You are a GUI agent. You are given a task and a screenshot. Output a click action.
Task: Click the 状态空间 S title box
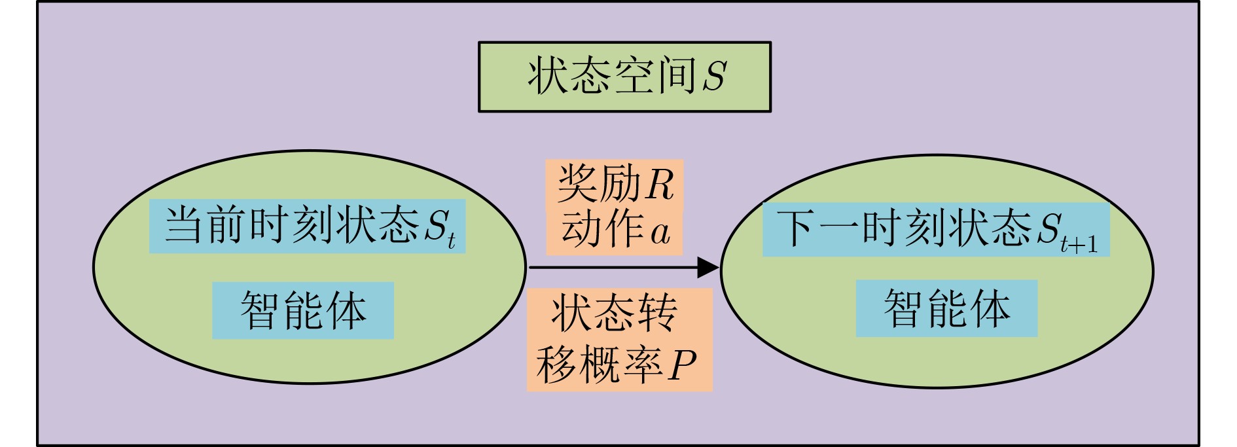[x=624, y=77]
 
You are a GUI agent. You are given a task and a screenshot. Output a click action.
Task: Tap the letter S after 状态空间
[x=714, y=76]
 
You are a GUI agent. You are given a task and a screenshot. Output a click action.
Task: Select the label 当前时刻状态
[x=292, y=226]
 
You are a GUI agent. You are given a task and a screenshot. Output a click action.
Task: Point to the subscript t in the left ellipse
[x=451, y=241]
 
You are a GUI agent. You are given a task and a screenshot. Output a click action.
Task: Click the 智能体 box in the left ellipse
[x=303, y=310]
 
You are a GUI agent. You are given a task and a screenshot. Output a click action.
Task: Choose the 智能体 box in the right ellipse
[x=946, y=308]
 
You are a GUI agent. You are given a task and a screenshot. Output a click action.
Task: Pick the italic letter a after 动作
[x=660, y=232]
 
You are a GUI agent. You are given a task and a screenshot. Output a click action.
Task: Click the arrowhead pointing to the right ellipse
[x=708, y=267]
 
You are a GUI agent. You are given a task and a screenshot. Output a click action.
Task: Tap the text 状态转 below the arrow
[x=614, y=313]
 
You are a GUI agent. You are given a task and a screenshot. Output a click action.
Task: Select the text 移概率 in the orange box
[x=598, y=364]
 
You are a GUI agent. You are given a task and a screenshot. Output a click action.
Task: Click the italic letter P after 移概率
[x=681, y=365]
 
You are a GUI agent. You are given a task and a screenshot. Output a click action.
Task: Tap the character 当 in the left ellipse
[x=182, y=226]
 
